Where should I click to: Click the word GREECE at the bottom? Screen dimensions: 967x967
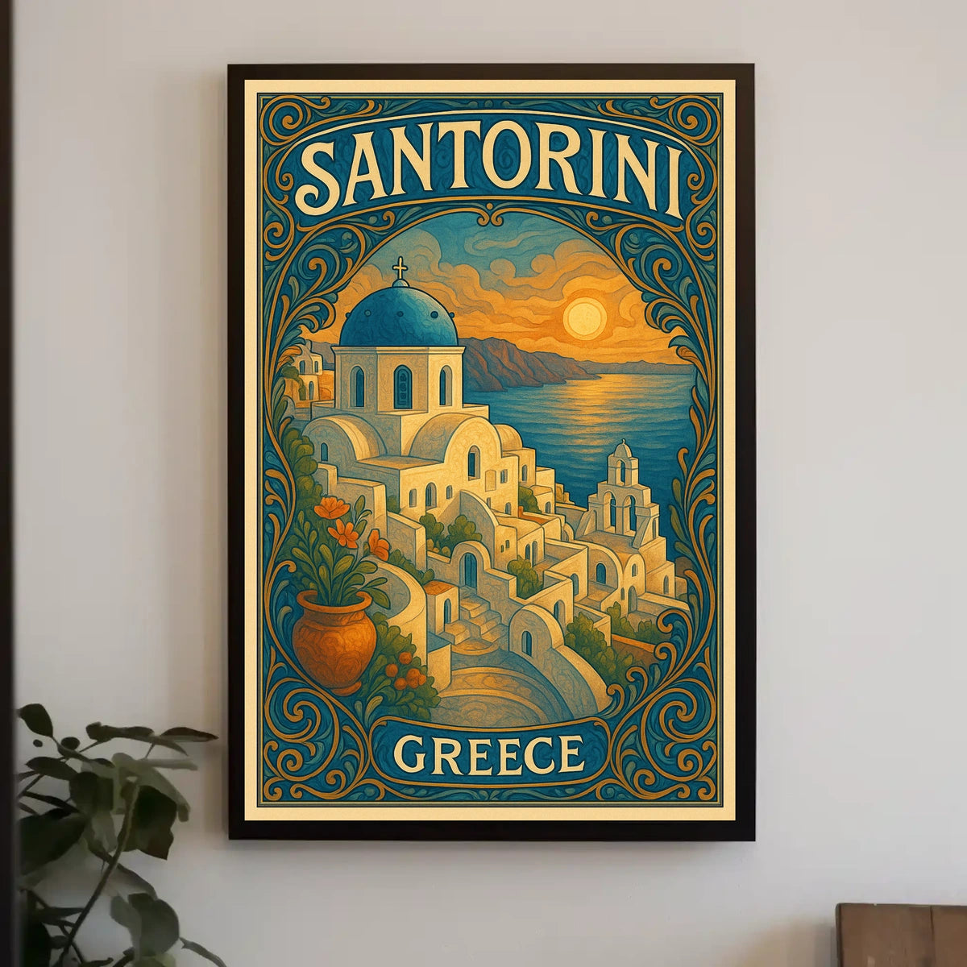tap(488, 755)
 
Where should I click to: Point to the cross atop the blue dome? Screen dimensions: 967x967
tap(399, 269)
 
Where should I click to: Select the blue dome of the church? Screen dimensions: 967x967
tap(398, 316)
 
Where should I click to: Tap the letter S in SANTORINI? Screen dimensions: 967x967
tap(322, 176)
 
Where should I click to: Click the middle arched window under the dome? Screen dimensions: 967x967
tap(403, 387)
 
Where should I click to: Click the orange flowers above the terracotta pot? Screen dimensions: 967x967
tap(342, 528)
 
